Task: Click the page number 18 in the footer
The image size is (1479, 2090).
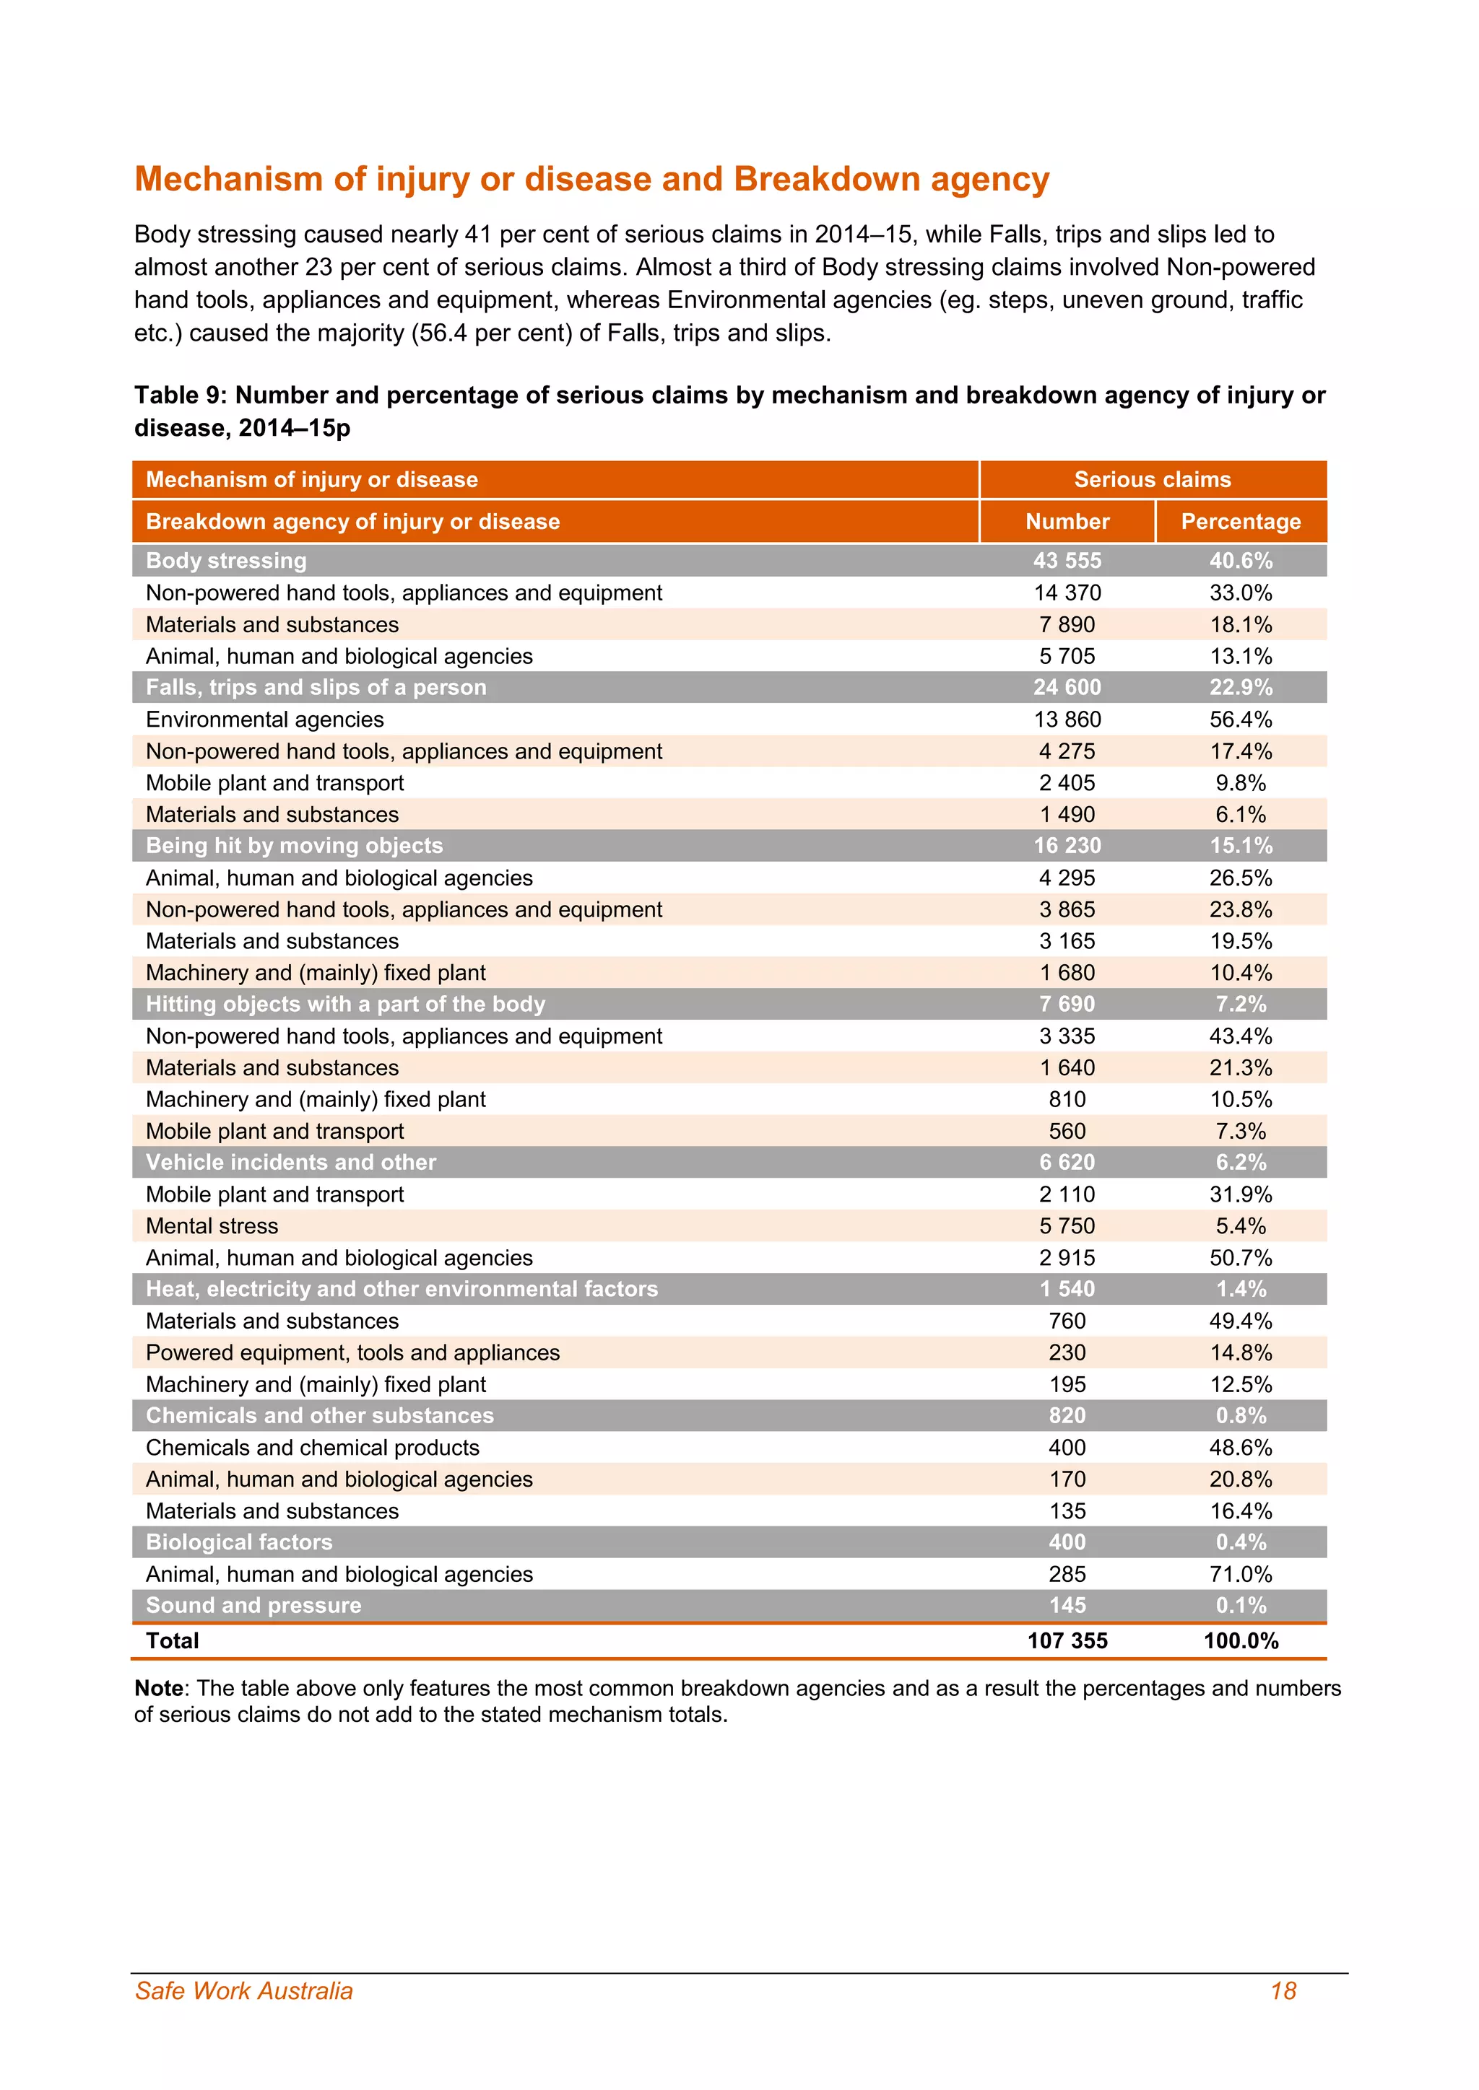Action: click(x=1283, y=1991)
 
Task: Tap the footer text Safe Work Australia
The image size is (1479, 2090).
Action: click(x=243, y=1991)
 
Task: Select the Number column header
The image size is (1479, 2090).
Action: click(x=1067, y=522)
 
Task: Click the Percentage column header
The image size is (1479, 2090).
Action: click(x=1241, y=522)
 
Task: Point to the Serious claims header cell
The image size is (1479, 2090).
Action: click(x=1152, y=480)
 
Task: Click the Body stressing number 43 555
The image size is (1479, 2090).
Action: click(x=1067, y=561)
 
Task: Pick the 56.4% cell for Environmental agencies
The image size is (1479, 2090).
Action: click(x=1241, y=719)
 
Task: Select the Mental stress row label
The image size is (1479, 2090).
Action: click(x=212, y=1226)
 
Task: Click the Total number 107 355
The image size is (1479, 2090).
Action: click(x=1067, y=1640)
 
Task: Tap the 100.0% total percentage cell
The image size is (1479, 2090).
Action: click(x=1241, y=1640)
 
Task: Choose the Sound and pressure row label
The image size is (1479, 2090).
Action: click(x=253, y=1605)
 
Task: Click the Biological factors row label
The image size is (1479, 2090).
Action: click(x=238, y=1542)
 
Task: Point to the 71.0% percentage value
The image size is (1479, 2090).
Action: click(x=1241, y=1574)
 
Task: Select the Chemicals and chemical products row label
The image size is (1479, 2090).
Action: click(x=313, y=1448)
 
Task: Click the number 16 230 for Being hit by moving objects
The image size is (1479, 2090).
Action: click(x=1067, y=846)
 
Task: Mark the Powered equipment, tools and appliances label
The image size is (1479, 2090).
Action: click(x=352, y=1352)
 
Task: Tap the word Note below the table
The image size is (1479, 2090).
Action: click(x=158, y=1689)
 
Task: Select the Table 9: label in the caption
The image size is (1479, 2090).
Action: click(x=181, y=395)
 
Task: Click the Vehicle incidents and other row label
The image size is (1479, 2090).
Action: click(x=290, y=1163)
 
